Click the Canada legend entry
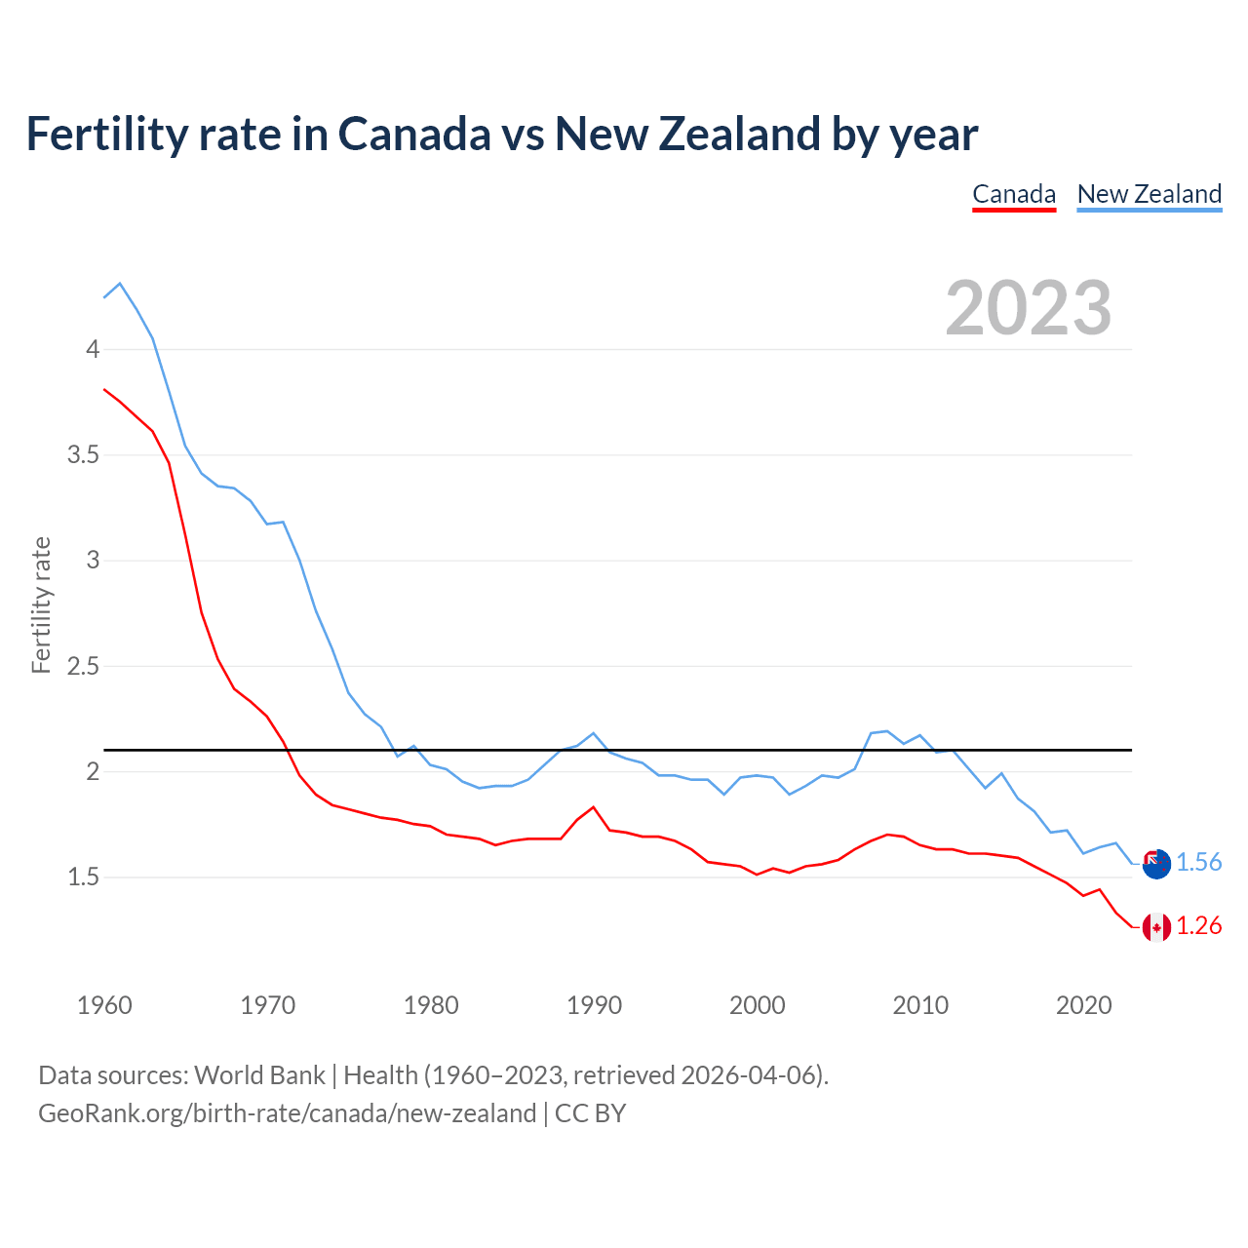click(1014, 194)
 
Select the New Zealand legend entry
click(1149, 194)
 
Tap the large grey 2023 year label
click(1029, 308)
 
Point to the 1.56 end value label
click(1198, 863)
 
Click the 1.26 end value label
click(1198, 926)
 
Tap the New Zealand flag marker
click(1156, 864)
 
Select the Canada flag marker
click(1156, 927)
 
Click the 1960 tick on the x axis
click(104, 1005)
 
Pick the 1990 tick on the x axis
click(594, 1005)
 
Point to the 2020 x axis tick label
click(1083, 1005)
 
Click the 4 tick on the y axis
click(93, 349)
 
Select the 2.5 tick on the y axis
click(83, 667)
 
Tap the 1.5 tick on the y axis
click(83, 877)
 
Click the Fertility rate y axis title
click(41, 604)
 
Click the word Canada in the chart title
click(414, 134)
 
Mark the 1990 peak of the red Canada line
click(594, 807)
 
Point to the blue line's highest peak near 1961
click(120, 284)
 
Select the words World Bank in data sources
click(259, 1075)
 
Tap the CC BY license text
click(590, 1113)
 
